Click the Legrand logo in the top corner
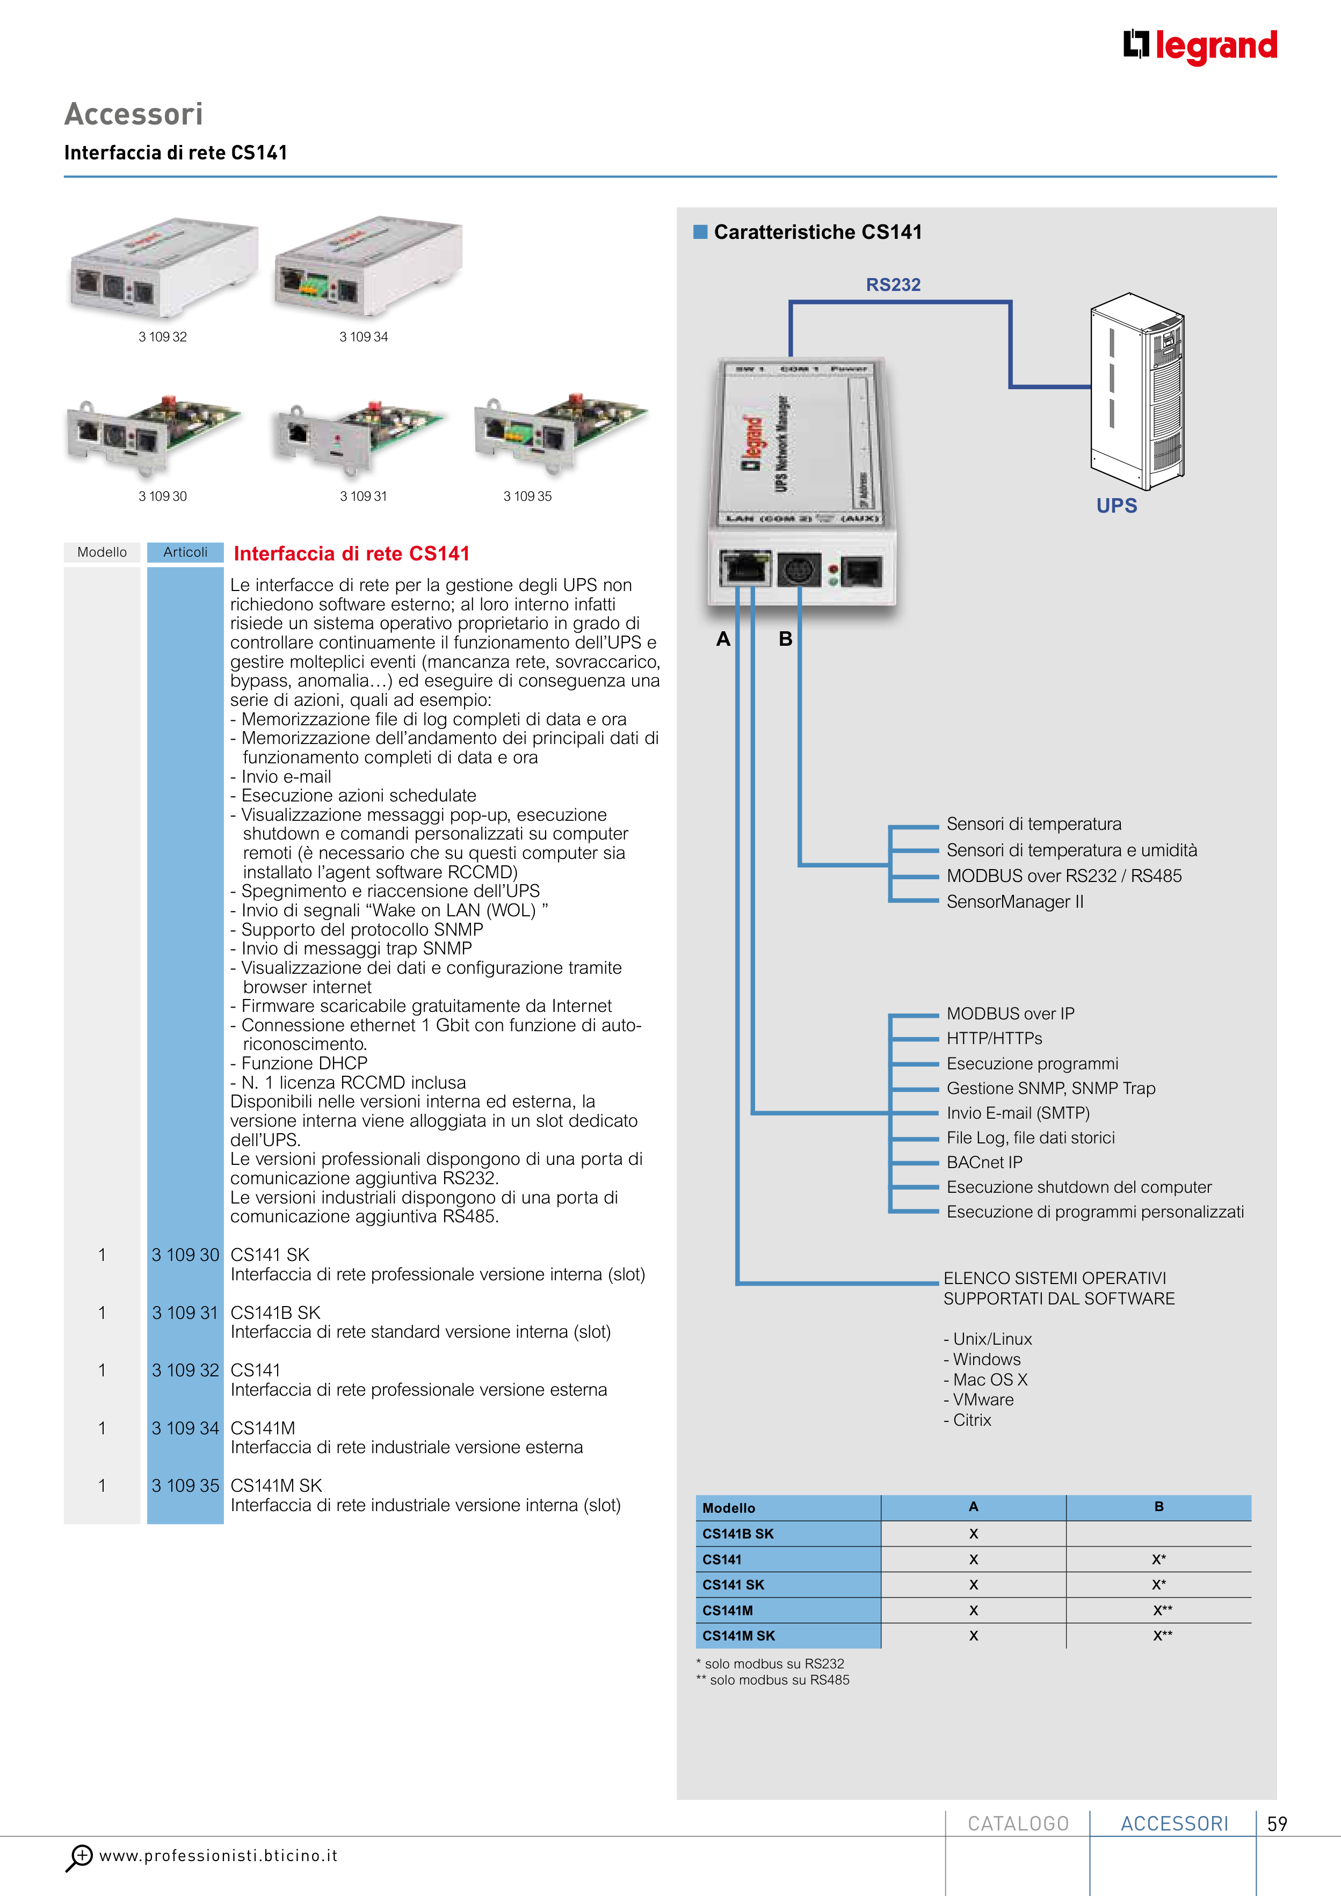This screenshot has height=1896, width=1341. [1200, 46]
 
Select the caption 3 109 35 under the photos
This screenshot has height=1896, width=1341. [527, 497]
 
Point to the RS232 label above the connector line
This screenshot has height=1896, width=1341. [893, 285]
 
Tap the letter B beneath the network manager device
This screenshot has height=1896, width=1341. [785, 639]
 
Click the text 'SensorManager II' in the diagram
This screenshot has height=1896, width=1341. [1014, 902]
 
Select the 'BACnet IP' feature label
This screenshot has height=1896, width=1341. [984, 1163]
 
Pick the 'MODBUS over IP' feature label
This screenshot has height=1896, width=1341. [1010, 1014]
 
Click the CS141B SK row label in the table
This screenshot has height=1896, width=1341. [738, 1534]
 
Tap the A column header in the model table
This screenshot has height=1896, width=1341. [973, 1507]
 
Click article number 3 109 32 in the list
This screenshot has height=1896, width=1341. [185, 1371]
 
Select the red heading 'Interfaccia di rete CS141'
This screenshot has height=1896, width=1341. [351, 554]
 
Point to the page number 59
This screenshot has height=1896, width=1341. [1277, 1824]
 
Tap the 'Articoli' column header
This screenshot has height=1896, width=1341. [185, 552]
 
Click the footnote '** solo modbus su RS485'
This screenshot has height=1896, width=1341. [773, 1680]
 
